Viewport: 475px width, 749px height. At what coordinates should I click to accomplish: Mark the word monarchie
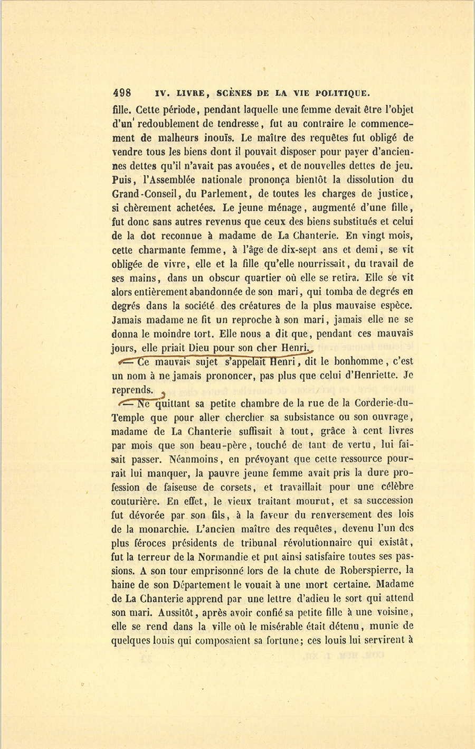[146, 528]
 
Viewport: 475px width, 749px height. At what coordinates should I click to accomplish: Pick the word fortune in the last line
[278, 640]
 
